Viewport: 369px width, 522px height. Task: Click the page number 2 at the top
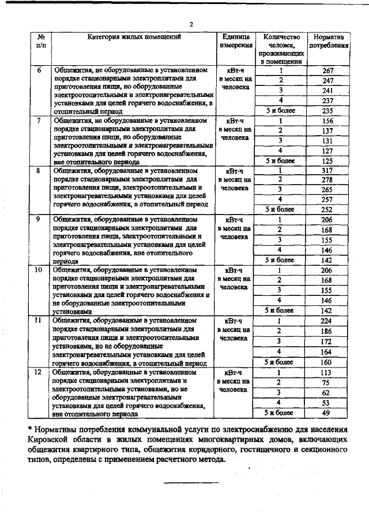[x=191, y=24]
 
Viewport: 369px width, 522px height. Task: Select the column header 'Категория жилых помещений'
[x=134, y=37]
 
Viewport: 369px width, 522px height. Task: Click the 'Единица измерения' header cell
[x=236, y=41]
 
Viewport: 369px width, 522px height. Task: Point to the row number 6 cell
[x=39, y=71]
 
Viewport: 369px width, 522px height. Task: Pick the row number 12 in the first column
[x=39, y=373]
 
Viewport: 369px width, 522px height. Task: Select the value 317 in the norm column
[x=328, y=171]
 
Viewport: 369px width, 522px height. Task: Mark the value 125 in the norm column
[x=328, y=161]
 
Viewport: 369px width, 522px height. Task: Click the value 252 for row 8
[x=328, y=210]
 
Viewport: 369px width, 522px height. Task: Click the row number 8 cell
[x=39, y=171]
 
